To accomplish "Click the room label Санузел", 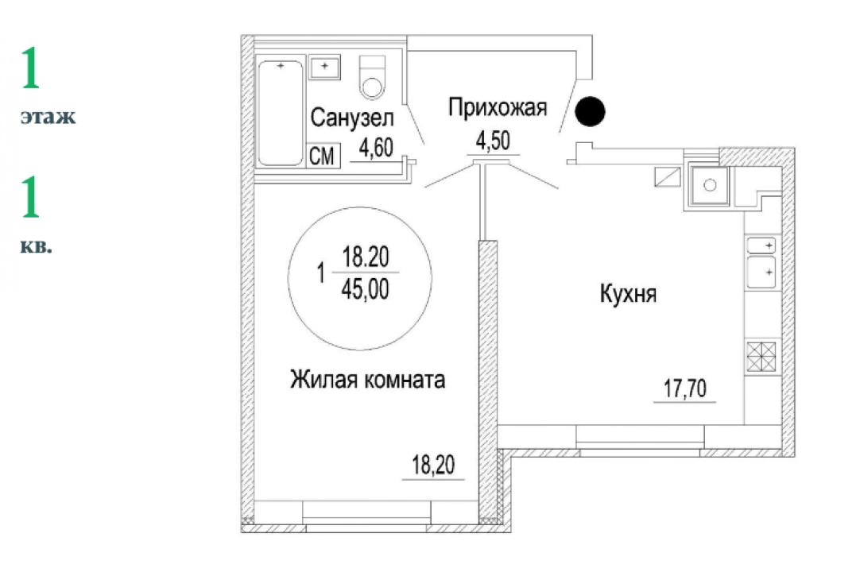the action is point(352,118).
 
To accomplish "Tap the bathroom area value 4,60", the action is point(376,147).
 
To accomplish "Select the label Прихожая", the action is point(498,107).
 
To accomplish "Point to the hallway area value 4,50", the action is point(493,141).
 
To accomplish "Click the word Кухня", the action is point(629,294).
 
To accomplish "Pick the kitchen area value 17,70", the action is point(685,388).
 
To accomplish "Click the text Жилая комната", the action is point(367,379).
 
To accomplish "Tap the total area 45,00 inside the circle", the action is point(366,288).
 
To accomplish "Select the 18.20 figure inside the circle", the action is point(366,257).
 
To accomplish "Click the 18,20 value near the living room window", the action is point(433,465).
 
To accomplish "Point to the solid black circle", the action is point(590,111).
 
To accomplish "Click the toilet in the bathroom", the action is point(372,77).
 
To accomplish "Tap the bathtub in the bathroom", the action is point(281,113).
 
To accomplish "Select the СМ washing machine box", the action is point(323,156).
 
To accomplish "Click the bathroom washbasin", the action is point(324,68).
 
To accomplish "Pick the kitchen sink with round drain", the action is point(709,186).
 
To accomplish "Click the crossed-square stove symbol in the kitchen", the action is point(761,357).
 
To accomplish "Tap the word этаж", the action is point(48,117).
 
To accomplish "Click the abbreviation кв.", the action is point(36,247).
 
